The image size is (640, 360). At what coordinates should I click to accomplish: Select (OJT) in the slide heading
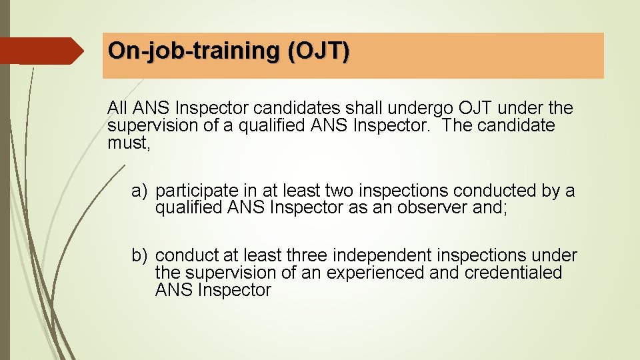pyautogui.click(x=319, y=51)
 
